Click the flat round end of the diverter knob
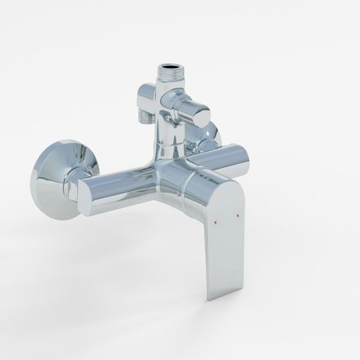coord(201,116)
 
